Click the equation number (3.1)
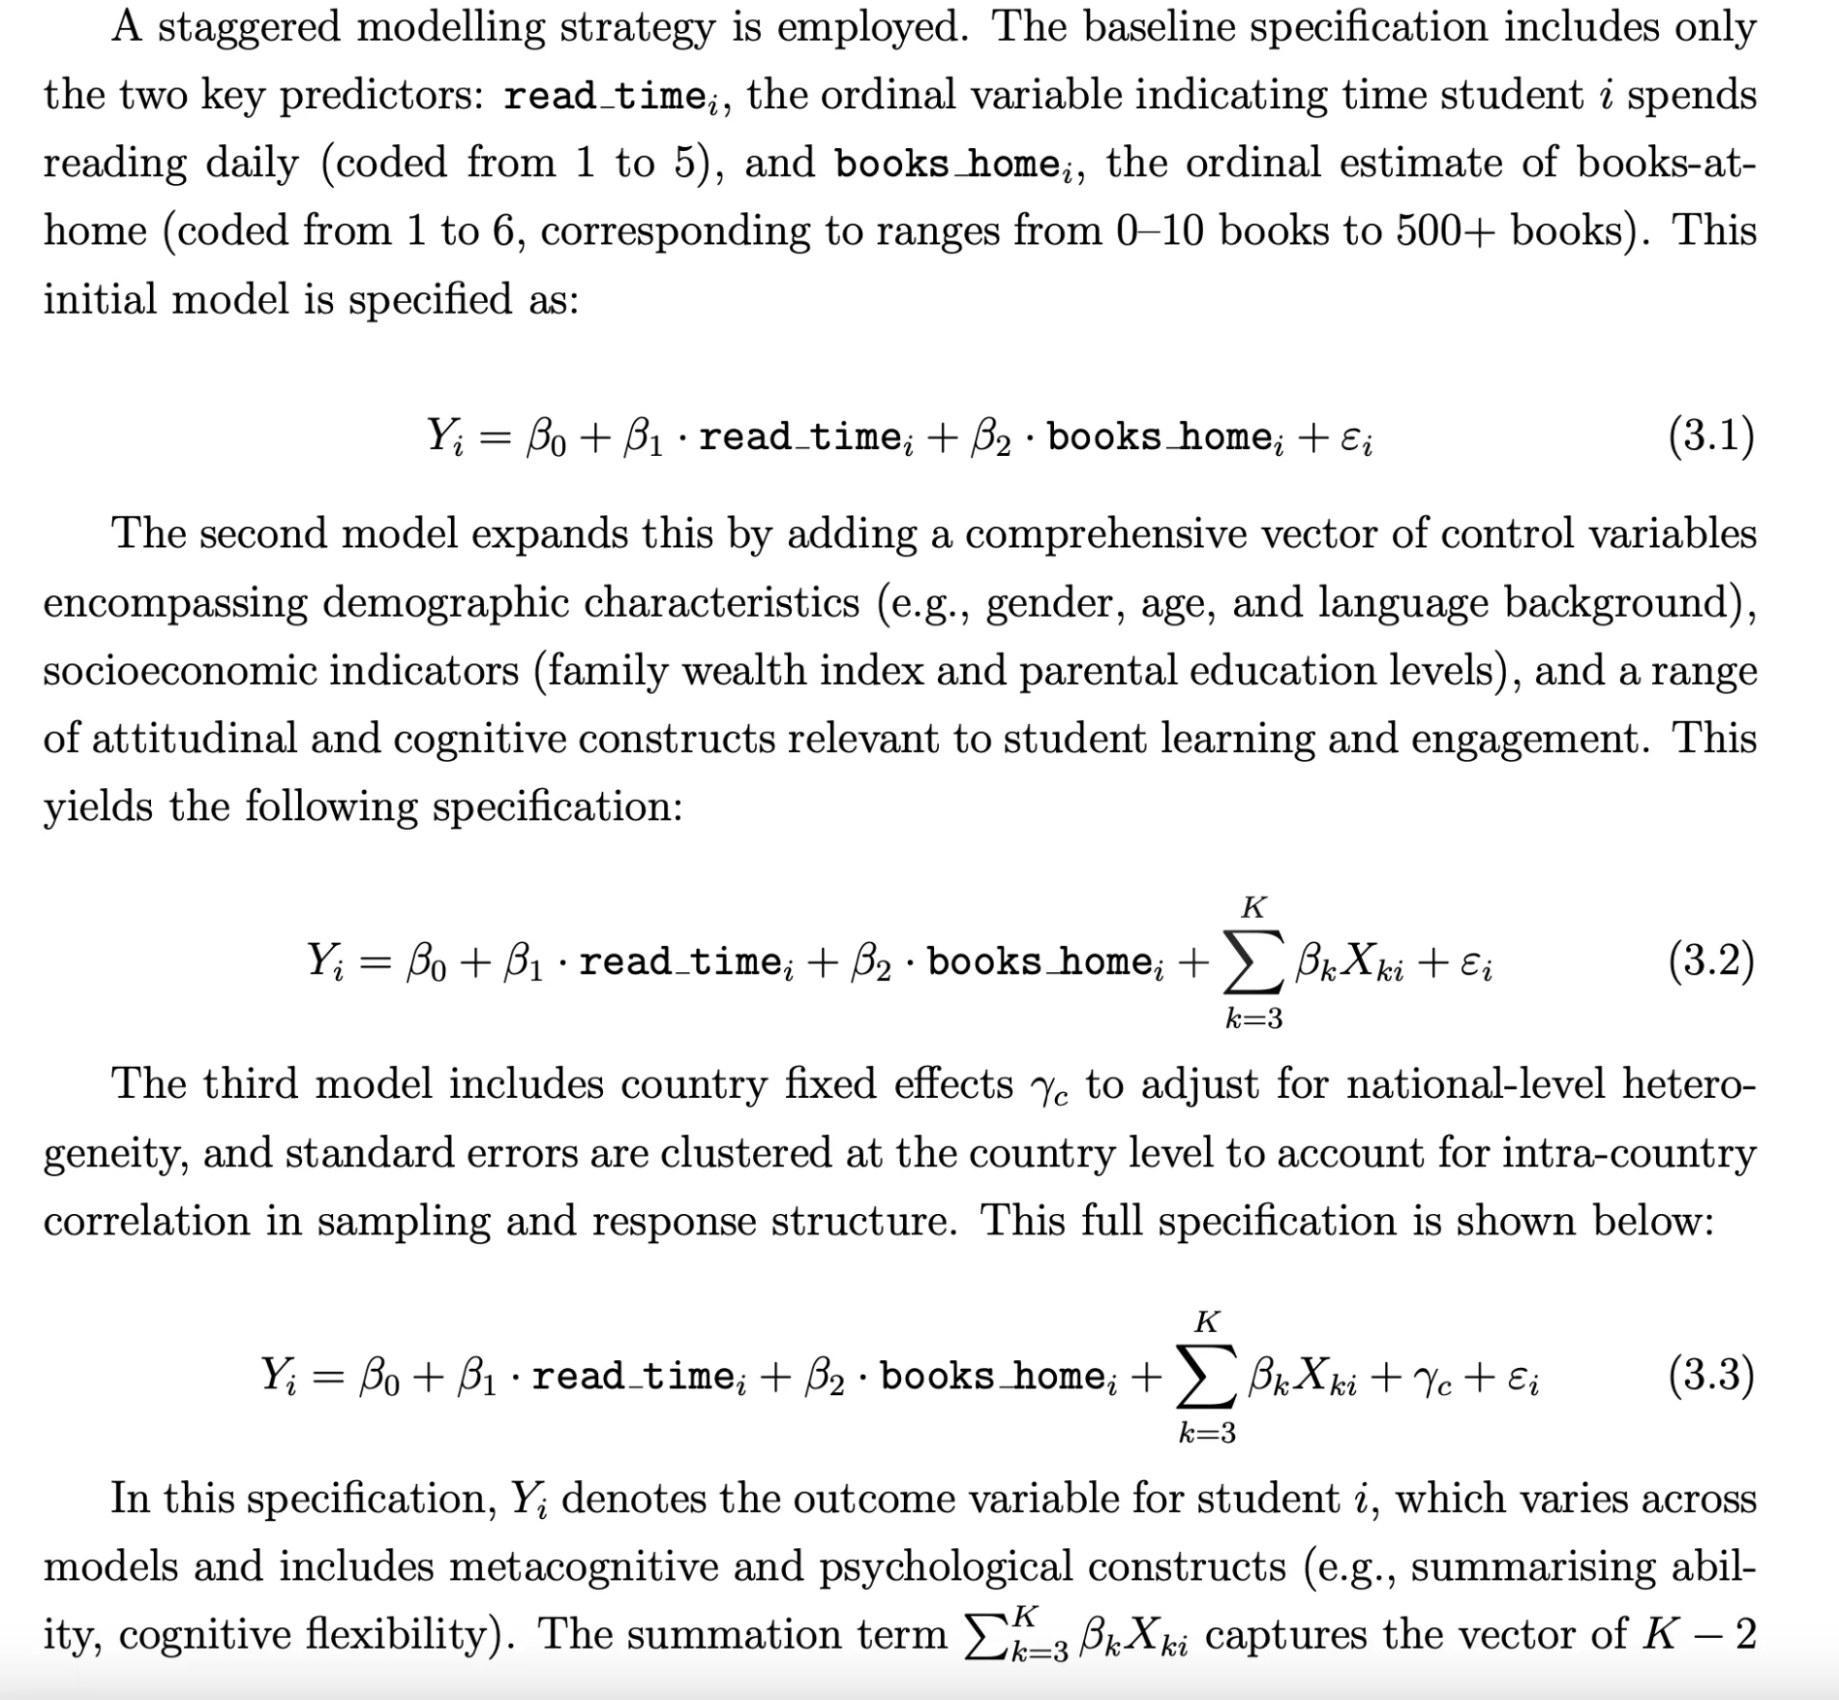(1710, 437)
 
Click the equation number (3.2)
(1710, 961)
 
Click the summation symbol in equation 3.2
(1253, 963)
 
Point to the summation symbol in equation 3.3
(1206, 1377)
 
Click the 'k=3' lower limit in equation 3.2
(1253, 1018)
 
